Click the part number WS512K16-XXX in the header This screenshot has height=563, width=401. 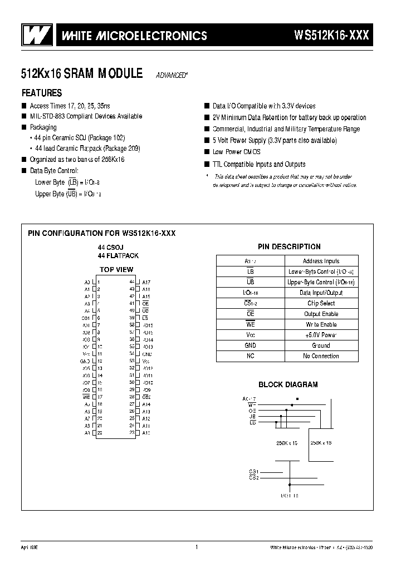pyautogui.click(x=331, y=36)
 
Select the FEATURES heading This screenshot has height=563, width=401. pyautogui.click(x=42, y=93)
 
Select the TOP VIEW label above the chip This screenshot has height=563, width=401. pyautogui.click(x=116, y=270)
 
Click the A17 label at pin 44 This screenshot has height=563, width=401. pyautogui.click(x=146, y=282)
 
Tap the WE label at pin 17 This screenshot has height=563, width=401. pyautogui.click(x=86, y=397)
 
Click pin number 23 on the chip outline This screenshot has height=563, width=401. pyautogui.click(x=132, y=432)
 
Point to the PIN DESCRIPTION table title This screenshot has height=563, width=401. pyautogui.click(x=289, y=246)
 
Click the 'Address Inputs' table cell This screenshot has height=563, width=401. pyautogui.click(x=321, y=261)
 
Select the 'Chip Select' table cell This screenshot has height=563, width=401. pyautogui.click(x=321, y=303)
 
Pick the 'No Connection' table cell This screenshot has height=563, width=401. pyautogui.click(x=321, y=356)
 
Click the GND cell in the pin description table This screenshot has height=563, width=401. pyautogui.click(x=250, y=345)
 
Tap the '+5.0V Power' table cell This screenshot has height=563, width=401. pyautogui.click(x=321, y=335)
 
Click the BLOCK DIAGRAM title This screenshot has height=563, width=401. pyautogui.click(x=288, y=384)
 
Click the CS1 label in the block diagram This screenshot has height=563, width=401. pyautogui.click(x=253, y=471)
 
